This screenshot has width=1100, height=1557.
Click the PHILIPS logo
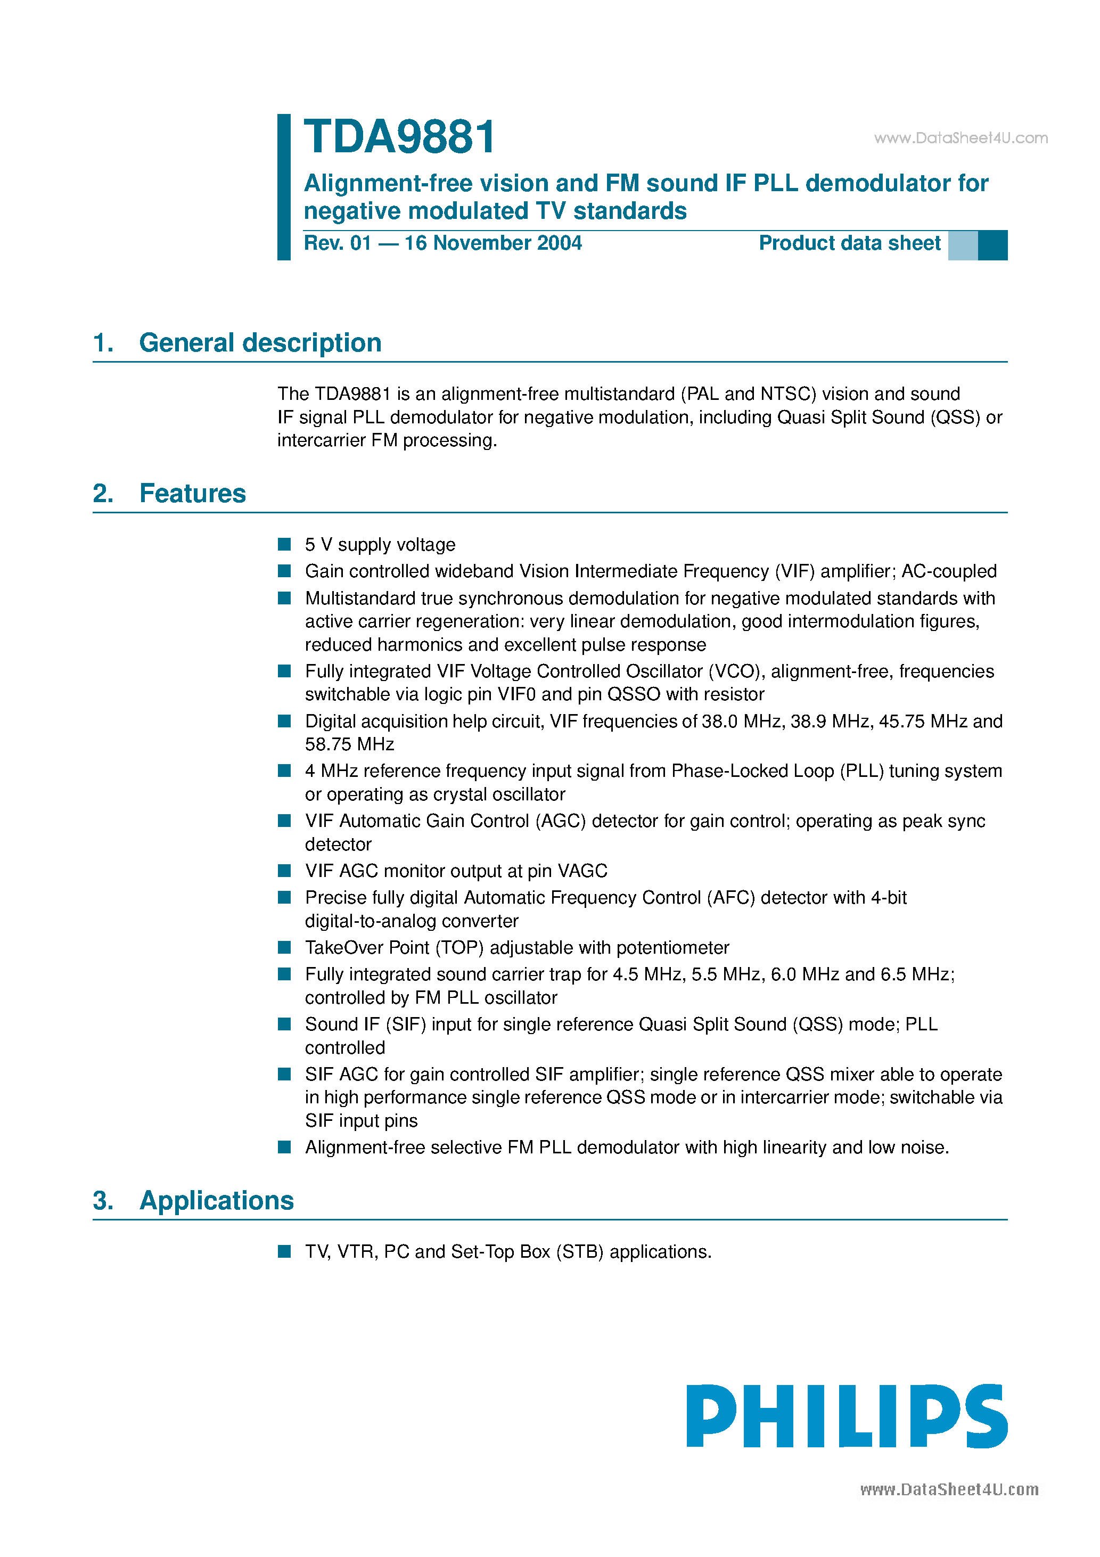click(x=847, y=1416)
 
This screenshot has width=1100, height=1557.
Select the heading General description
click(x=260, y=343)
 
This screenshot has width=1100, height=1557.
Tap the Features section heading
click(x=193, y=494)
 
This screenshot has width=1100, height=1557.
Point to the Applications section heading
click(x=216, y=1201)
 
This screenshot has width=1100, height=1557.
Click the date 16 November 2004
click(x=493, y=243)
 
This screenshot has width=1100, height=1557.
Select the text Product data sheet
click(x=849, y=243)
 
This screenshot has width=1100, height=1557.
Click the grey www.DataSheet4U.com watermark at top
click(x=961, y=138)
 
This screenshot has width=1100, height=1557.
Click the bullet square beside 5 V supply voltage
click(x=285, y=545)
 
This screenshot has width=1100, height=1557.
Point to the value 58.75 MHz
click(x=349, y=744)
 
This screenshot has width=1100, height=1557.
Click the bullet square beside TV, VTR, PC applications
click(x=285, y=1251)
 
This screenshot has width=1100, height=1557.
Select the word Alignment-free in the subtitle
click(x=388, y=184)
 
